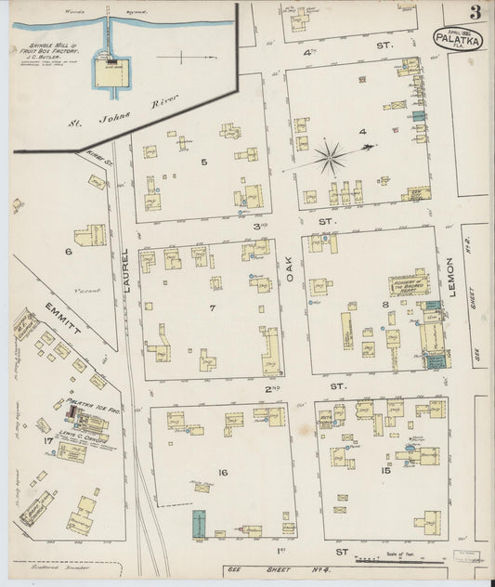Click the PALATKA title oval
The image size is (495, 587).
[x=458, y=38]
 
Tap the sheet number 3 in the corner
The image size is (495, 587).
[x=475, y=12]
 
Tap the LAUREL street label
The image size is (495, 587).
[x=127, y=279]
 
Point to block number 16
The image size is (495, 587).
[x=221, y=474]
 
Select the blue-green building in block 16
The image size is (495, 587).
[x=198, y=523]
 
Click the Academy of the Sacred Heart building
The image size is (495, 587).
[x=409, y=283]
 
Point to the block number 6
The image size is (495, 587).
[x=68, y=251]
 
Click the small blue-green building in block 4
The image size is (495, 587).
[x=418, y=115]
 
